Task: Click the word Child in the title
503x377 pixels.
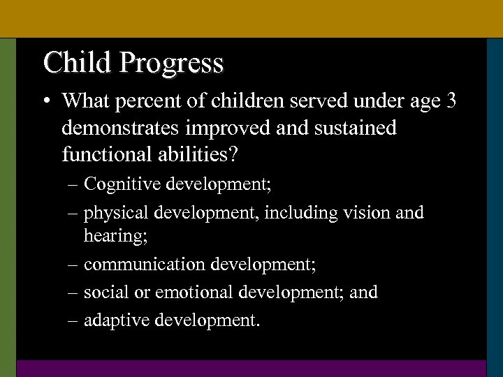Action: click(x=78, y=62)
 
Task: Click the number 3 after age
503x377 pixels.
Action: click(x=451, y=101)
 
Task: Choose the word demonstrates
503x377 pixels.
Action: click(x=116, y=128)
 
